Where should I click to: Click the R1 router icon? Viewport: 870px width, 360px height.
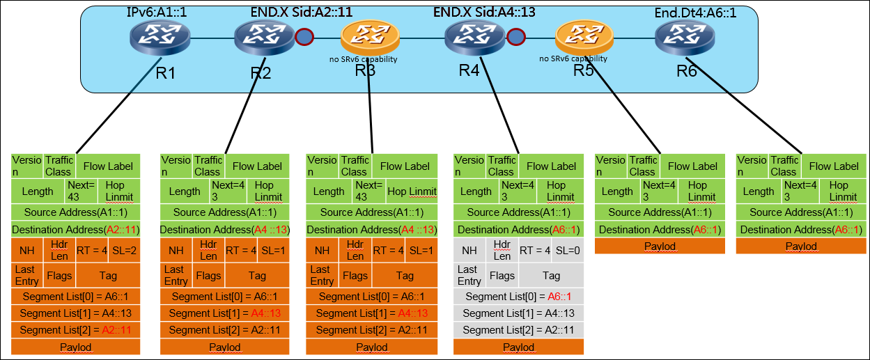(x=159, y=37)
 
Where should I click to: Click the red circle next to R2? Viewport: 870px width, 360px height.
(x=304, y=37)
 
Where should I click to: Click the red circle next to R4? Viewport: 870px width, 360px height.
(x=516, y=37)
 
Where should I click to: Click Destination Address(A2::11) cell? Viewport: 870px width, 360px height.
(x=76, y=229)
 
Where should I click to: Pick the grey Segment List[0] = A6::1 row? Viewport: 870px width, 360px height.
(x=518, y=297)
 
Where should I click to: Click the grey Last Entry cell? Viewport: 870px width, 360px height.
(x=469, y=275)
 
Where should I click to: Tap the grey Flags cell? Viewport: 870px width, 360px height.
(x=502, y=276)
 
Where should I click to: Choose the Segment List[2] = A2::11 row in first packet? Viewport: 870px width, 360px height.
(x=76, y=330)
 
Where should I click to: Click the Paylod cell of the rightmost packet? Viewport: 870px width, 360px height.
(x=800, y=246)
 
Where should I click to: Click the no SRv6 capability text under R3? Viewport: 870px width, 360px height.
(x=363, y=59)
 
